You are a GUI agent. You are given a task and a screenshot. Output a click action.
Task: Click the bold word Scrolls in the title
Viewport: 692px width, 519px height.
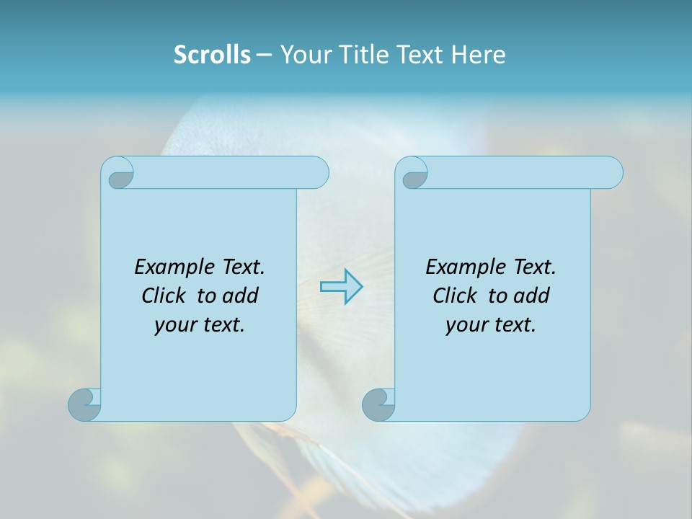tap(212, 55)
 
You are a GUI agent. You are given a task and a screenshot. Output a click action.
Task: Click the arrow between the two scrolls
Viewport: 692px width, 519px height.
tap(341, 286)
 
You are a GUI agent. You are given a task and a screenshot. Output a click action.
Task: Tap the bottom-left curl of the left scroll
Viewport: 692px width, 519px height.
tap(85, 404)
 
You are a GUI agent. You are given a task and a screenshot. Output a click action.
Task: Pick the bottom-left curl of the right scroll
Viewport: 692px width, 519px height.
tap(379, 404)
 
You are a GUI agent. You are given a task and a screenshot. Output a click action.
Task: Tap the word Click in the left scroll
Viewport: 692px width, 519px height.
tap(163, 296)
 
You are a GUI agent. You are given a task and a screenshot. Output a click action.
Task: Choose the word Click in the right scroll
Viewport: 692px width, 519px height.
tap(454, 296)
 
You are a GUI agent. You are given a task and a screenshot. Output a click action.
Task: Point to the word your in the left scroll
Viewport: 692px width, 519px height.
tap(173, 326)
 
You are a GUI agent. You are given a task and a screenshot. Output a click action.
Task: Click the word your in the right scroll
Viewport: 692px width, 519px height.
tap(464, 326)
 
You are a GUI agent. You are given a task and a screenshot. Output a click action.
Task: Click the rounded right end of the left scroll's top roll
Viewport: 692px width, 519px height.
tap(317, 172)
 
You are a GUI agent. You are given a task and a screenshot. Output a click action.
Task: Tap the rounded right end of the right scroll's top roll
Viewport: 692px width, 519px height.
tap(611, 172)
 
